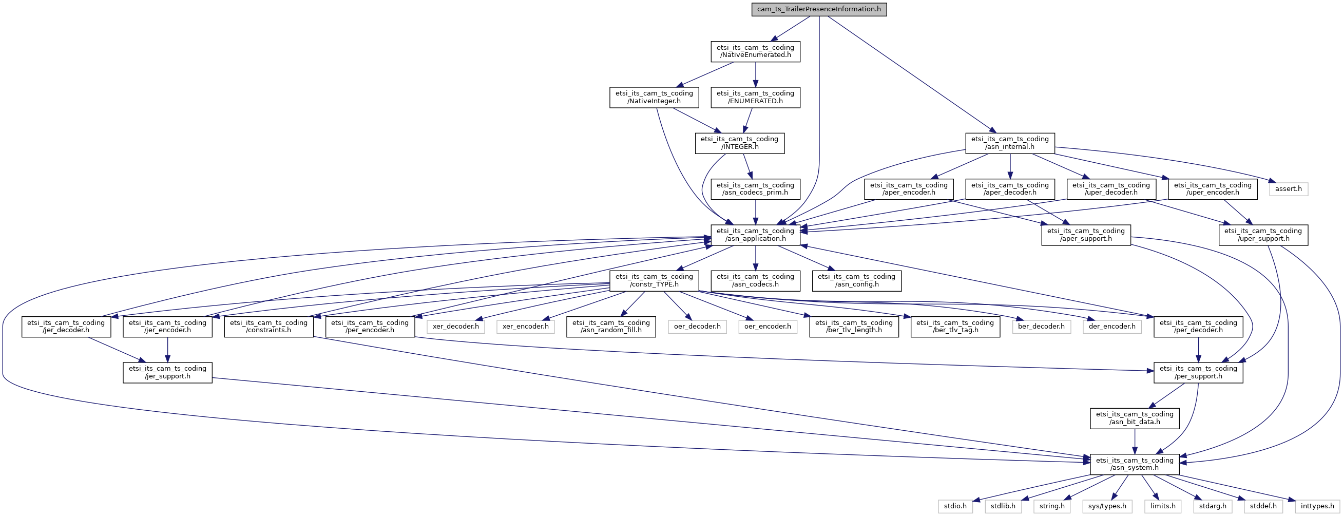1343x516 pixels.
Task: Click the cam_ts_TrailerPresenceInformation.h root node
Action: (819, 9)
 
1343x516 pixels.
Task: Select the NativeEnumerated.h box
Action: (756, 51)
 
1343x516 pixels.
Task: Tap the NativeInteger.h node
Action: (654, 97)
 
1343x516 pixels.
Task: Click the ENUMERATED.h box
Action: (756, 97)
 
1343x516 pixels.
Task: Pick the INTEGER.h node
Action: (739, 143)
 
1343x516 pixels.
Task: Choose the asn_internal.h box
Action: (1010, 143)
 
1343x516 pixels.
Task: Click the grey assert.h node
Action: (1288, 188)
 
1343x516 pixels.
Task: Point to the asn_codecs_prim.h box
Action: (756, 188)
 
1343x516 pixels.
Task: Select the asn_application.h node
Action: (756, 235)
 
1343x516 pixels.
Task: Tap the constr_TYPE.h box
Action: (654, 280)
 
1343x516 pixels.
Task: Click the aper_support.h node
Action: (1086, 235)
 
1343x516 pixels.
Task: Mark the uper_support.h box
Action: (1263, 235)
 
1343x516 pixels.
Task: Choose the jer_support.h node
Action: (167, 372)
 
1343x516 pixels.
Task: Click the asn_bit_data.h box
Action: (1135, 418)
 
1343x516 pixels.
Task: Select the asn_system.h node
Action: (1135, 464)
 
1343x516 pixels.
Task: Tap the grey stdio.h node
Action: (955, 506)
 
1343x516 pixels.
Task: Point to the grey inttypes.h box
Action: (1317, 506)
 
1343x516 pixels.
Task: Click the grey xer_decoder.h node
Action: (456, 326)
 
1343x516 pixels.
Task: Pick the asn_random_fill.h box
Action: (611, 326)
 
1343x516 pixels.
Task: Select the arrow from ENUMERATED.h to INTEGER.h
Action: (747, 120)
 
